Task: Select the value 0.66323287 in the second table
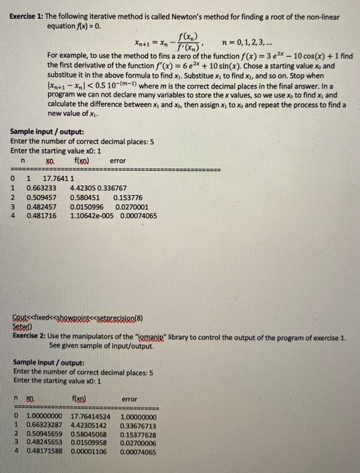coord(45,426)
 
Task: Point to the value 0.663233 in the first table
coord(41,188)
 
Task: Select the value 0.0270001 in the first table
coord(135,207)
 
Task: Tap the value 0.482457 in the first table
coord(41,207)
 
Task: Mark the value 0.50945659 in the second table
coord(45,436)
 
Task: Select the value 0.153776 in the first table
coord(127,197)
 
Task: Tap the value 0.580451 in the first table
coord(86,197)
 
